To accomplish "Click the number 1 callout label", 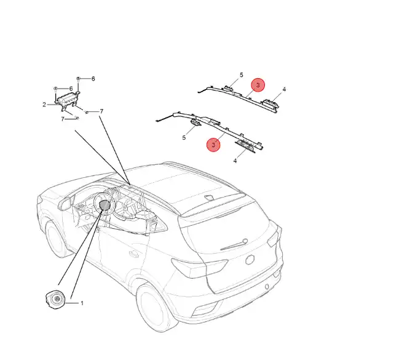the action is click(82, 303).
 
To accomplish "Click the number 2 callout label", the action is click(44, 105).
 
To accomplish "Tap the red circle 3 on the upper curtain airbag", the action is click(258, 85).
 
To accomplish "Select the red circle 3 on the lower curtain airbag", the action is click(213, 145).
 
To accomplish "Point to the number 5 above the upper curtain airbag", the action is click(241, 75).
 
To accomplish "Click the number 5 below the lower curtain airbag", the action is click(184, 138).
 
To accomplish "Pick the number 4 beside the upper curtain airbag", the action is click(284, 89).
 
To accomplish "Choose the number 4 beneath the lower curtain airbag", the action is click(235, 161).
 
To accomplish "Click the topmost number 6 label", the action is click(93, 79).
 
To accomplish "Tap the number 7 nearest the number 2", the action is click(63, 119).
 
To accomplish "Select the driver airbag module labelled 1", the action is click(55, 300).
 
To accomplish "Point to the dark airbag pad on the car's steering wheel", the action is click(104, 205).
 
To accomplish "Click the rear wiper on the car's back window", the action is click(234, 245).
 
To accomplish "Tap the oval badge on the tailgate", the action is click(250, 260).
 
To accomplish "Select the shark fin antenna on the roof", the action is click(210, 198).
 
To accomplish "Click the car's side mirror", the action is click(65, 204).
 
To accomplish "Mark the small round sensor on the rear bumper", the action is click(267, 286).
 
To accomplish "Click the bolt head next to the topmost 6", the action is click(79, 78).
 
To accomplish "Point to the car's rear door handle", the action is click(134, 254).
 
